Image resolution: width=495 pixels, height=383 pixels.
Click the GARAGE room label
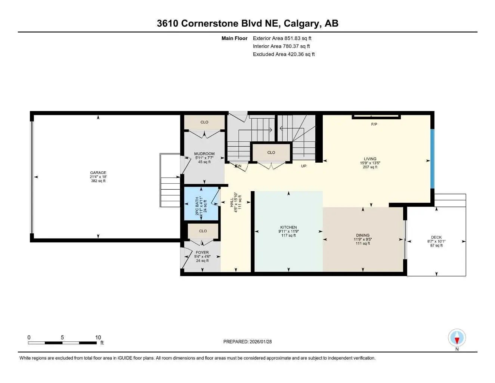(x=98, y=173)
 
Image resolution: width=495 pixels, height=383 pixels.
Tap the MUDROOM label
(x=204, y=154)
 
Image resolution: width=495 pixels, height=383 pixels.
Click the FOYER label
(x=202, y=252)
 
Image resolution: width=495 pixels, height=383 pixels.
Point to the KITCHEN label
(x=288, y=227)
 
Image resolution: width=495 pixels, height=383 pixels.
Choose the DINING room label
(x=363, y=236)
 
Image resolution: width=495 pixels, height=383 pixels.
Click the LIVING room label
(x=370, y=159)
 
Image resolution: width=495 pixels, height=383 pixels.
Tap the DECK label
(x=436, y=238)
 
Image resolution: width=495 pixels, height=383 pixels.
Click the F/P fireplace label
(x=374, y=125)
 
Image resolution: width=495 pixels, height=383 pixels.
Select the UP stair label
(x=304, y=166)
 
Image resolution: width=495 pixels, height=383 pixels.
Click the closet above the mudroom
(x=204, y=122)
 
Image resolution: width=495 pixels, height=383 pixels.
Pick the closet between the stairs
(x=271, y=153)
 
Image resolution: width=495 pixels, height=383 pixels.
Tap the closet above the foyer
(x=203, y=231)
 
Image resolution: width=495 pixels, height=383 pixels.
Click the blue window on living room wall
(x=432, y=159)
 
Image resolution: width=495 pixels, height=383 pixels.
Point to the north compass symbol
(x=457, y=339)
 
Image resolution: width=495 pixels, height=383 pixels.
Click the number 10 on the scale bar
(x=98, y=337)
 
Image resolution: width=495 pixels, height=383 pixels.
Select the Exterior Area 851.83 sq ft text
(x=282, y=38)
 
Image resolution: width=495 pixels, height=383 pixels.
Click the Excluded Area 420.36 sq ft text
(x=284, y=54)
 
